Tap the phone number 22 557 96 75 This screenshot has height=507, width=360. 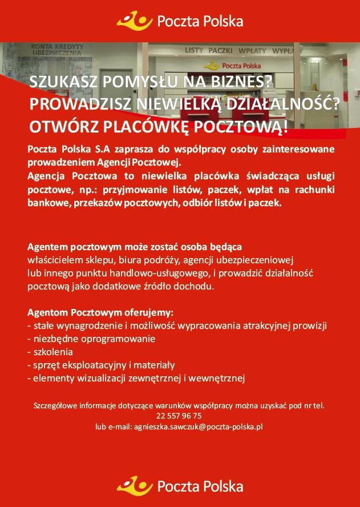point(179,416)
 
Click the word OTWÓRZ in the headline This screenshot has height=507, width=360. point(59,125)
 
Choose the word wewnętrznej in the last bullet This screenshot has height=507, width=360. point(219,377)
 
